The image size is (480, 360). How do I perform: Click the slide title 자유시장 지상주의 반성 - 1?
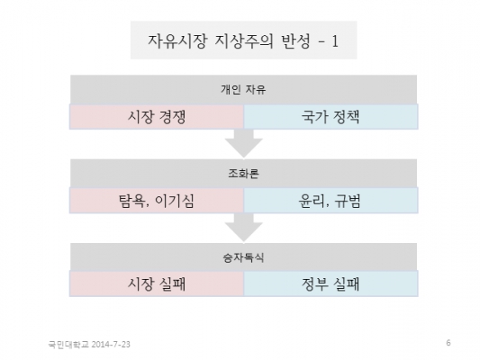(244, 40)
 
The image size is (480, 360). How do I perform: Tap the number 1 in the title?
(335, 41)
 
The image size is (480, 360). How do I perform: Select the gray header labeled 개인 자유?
(244, 90)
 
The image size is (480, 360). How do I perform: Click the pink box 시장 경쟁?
(157, 116)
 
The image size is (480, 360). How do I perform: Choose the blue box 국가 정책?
(331, 116)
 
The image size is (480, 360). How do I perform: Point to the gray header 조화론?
(244, 174)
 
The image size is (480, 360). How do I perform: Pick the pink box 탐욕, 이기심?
(157, 201)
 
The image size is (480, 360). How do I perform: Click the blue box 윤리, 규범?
(331, 201)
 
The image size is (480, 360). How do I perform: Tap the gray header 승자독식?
(244, 257)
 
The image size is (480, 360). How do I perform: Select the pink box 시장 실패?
(157, 283)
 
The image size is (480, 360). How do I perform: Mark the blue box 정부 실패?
(331, 283)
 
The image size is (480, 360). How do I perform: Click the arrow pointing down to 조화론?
(244, 144)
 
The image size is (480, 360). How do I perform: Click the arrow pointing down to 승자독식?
(244, 228)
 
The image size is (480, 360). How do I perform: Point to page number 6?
(448, 343)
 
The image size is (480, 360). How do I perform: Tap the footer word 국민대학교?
(68, 345)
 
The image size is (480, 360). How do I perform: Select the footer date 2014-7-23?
(111, 345)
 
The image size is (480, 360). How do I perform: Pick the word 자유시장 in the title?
(177, 41)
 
